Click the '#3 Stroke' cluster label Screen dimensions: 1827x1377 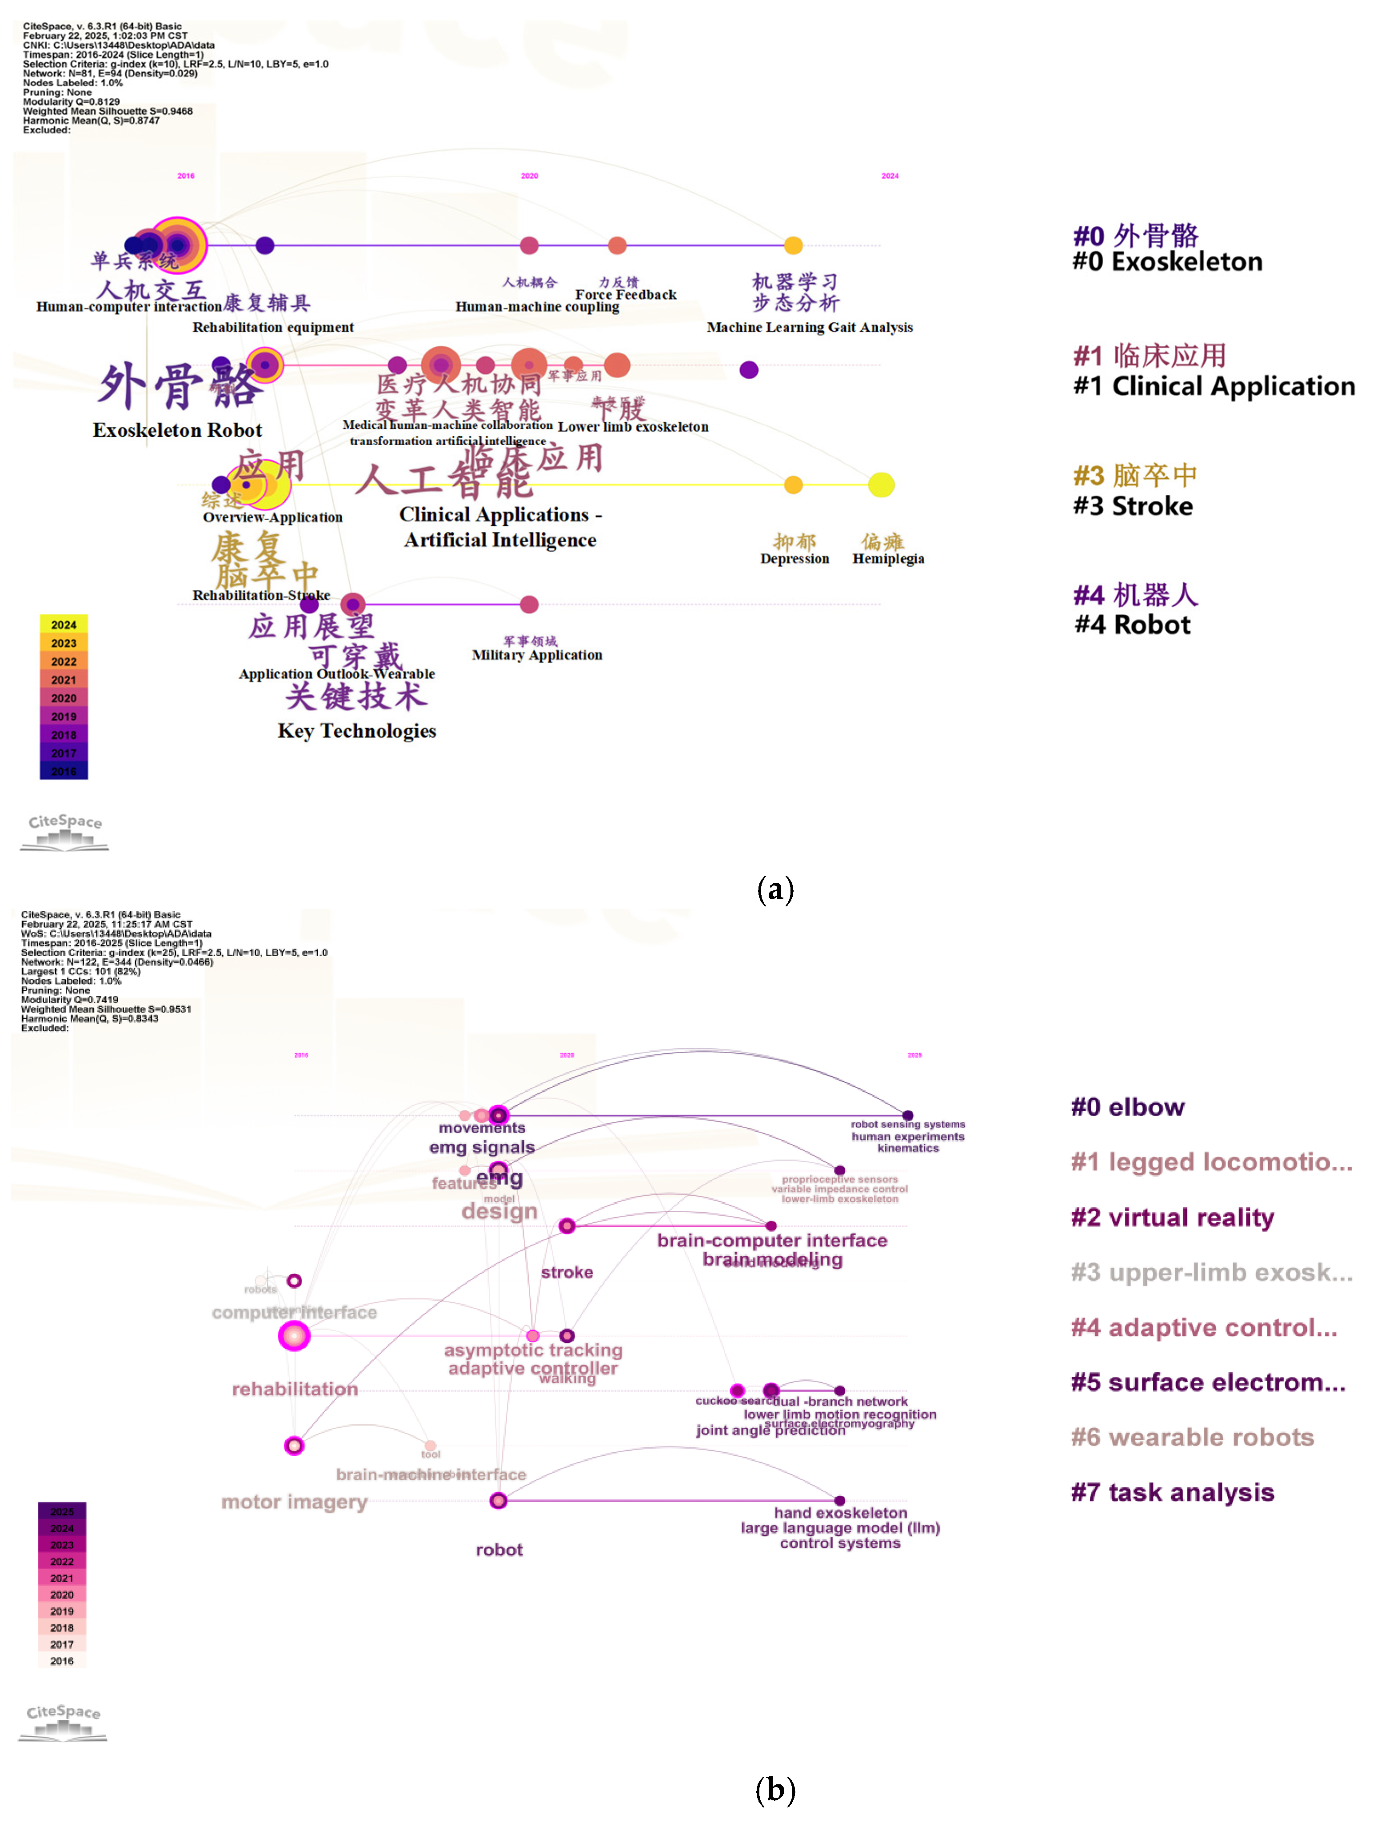click(x=1133, y=505)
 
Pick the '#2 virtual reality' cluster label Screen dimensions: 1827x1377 click(x=1172, y=1218)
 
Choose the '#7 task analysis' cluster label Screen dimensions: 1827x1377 click(x=1172, y=1492)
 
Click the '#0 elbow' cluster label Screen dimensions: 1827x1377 click(x=1128, y=1107)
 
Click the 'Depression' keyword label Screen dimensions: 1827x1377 click(x=794, y=559)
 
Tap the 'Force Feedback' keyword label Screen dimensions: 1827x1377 click(x=626, y=295)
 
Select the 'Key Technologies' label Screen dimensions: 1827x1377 click(x=357, y=731)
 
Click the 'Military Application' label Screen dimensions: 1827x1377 click(x=537, y=655)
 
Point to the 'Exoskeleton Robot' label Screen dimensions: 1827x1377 click(x=177, y=430)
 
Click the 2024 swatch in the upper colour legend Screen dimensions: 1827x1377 click(x=64, y=625)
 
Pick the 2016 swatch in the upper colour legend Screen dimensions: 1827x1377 click(x=64, y=771)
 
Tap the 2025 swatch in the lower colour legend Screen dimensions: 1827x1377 click(x=62, y=1511)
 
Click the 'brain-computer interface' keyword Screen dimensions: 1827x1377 click(x=772, y=1241)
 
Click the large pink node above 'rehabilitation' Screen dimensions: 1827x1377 click(x=294, y=1335)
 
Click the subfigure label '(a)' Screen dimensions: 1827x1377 click(x=774, y=889)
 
